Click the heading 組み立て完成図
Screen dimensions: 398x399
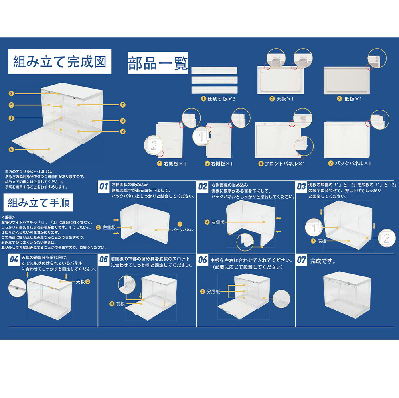60,62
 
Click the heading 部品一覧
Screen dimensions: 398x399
158,63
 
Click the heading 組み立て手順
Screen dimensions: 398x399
39,203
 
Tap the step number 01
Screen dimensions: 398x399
104,186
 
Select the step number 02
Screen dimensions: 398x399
203,186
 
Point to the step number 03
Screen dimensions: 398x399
302,186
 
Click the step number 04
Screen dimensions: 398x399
14,260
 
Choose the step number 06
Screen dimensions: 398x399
203,260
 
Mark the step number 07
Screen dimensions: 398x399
302,260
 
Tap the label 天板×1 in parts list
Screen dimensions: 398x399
284,99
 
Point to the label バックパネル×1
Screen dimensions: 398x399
350,163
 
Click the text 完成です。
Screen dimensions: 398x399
323,262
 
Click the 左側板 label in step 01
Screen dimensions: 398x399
108,227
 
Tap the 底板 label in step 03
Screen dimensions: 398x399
321,241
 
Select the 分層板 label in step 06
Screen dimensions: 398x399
213,292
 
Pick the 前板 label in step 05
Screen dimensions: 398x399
120,304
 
